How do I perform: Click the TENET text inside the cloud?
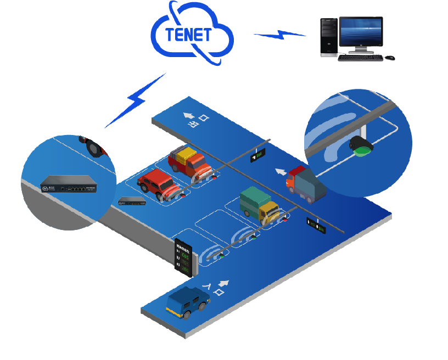188,35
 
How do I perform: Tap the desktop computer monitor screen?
360,32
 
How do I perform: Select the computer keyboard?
360,57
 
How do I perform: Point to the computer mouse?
389,57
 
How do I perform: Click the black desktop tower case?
329,37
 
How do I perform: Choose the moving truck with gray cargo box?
305,185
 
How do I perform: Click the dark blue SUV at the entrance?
188,302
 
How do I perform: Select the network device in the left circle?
68,184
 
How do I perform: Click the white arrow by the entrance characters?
223,283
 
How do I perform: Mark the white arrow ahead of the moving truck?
280,172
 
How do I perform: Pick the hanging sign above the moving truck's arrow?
257,156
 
